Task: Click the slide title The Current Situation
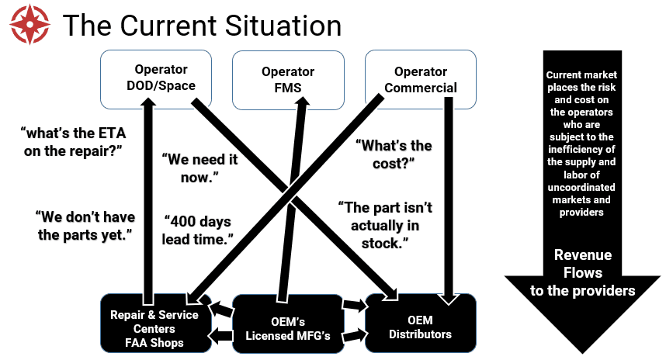coord(202,26)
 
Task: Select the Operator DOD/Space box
coord(156,78)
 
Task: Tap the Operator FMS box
coord(287,78)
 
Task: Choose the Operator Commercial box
coord(420,78)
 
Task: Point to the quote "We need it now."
coord(200,168)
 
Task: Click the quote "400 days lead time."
coord(197,230)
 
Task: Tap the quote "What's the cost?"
coord(393,154)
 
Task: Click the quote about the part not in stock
coord(385,225)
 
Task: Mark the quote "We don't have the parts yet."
coord(82,224)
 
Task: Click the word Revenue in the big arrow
coord(583,255)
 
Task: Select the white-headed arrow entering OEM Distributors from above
coord(447,295)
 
